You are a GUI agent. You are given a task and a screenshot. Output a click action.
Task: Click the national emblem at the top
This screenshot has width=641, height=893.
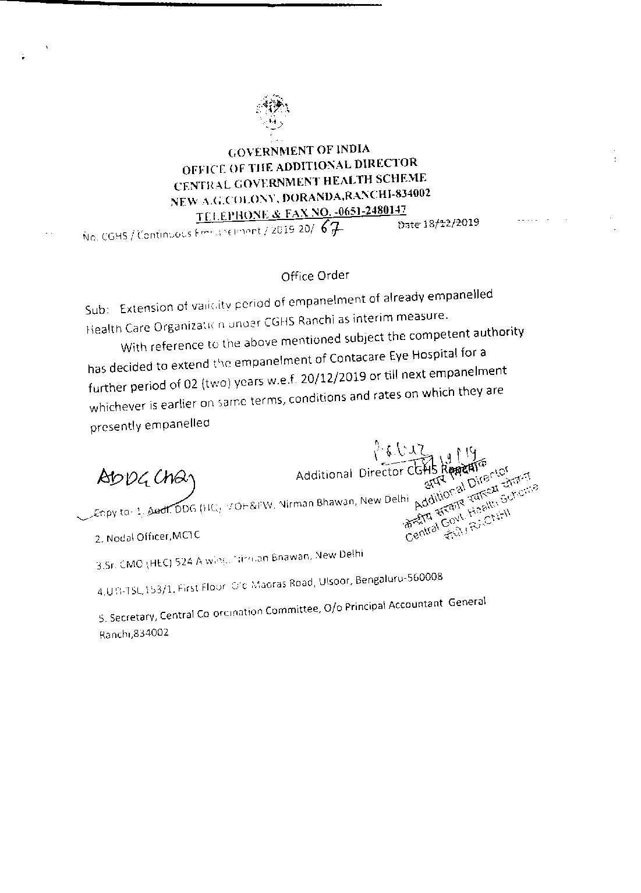click(x=271, y=111)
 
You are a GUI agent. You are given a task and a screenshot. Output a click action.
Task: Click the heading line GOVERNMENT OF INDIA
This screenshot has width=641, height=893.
click(x=298, y=150)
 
